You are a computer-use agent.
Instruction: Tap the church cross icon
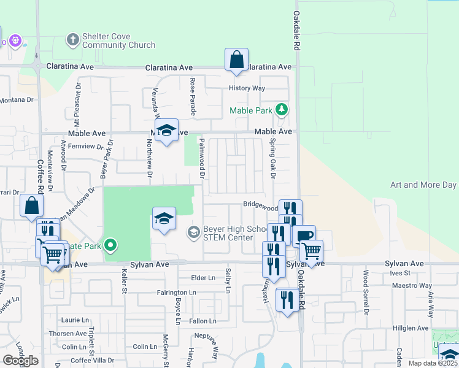click(72, 40)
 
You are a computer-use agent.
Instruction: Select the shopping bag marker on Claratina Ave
click(236, 60)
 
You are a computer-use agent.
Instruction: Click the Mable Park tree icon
click(282, 110)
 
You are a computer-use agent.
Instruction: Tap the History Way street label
click(247, 88)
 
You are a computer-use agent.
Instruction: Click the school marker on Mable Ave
click(166, 130)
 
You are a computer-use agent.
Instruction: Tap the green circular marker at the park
click(110, 246)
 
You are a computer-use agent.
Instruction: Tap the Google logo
click(20, 360)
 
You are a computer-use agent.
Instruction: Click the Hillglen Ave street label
click(411, 328)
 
